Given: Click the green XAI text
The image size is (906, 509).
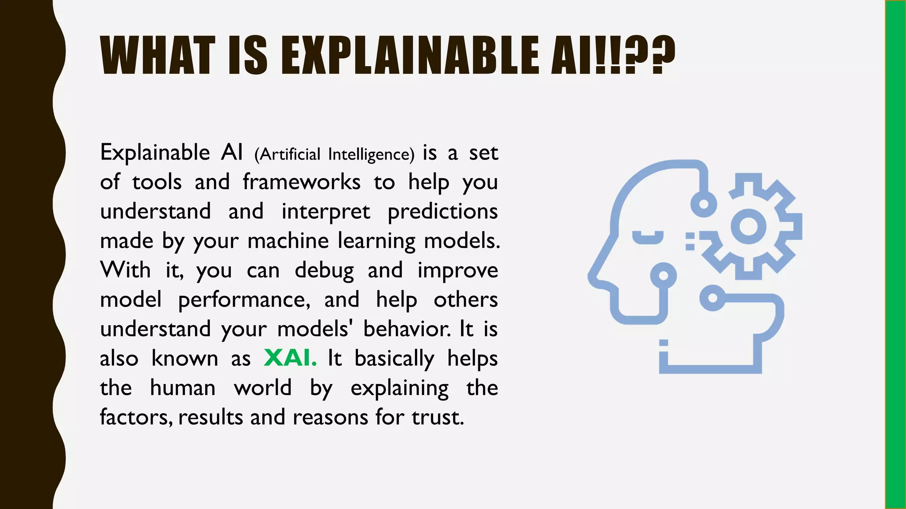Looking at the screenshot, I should click(x=290, y=358).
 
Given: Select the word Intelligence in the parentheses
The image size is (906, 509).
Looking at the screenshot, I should click(x=371, y=155).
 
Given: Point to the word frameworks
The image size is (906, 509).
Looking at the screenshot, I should click(x=302, y=182).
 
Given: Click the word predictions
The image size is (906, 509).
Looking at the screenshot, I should click(x=443, y=212).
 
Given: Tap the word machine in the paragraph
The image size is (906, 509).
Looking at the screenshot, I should click(x=288, y=241).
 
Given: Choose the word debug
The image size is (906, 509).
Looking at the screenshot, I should click(x=324, y=270).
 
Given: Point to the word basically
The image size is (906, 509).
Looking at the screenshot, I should click(x=394, y=359).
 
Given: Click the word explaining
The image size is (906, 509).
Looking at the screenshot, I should click(x=399, y=388).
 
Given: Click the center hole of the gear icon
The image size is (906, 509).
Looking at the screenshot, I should click(x=749, y=227).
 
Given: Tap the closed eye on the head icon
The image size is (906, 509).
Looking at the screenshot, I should click(x=648, y=237).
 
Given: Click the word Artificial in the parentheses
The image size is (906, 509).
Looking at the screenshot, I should click(x=287, y=155).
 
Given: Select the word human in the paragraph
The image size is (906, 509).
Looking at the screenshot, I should click(x=183, y=388).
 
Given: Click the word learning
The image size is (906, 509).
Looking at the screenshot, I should click(x=376, y=241).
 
